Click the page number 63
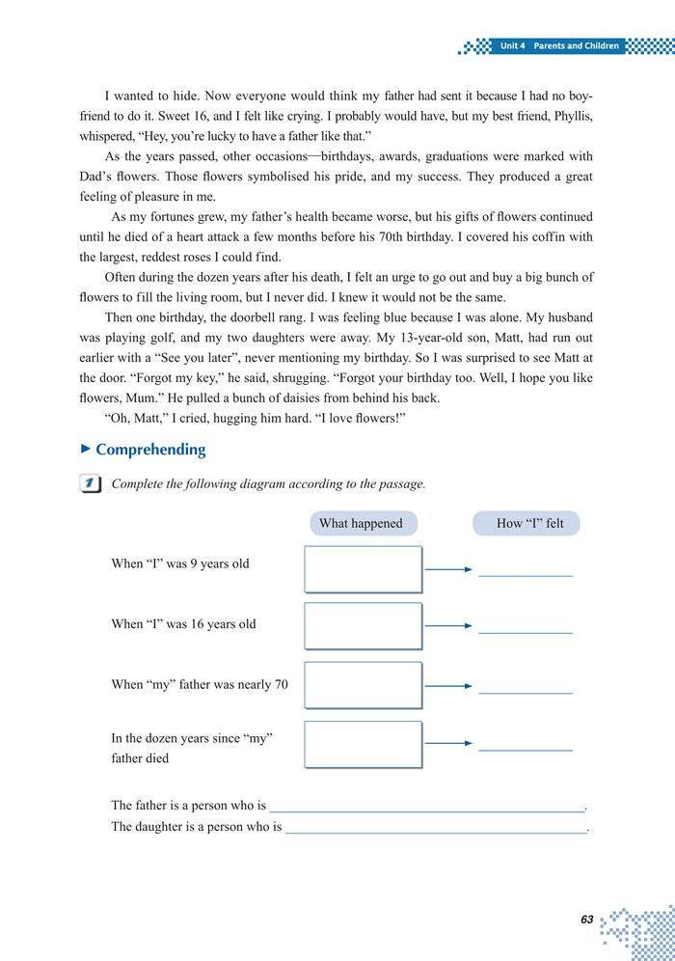(586, 920)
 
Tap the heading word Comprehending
(150, 450)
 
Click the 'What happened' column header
(361, 523)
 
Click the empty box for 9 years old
(364, 568)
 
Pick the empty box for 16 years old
(364, 626)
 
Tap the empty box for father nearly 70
(364, 685)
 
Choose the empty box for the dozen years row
(364, 744)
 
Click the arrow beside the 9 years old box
(448, 569)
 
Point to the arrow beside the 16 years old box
(448, 627)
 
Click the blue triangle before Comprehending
(86, 449)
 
